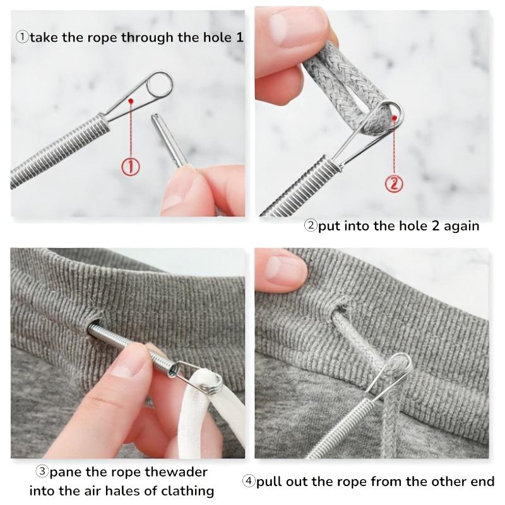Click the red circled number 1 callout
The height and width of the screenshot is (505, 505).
[x=130, y=167]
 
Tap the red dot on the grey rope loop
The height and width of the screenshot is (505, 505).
[x=394, y=116]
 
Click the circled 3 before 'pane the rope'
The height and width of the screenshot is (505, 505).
[x=42, y=472]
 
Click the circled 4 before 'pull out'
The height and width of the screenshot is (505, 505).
[x=248, y=482]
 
